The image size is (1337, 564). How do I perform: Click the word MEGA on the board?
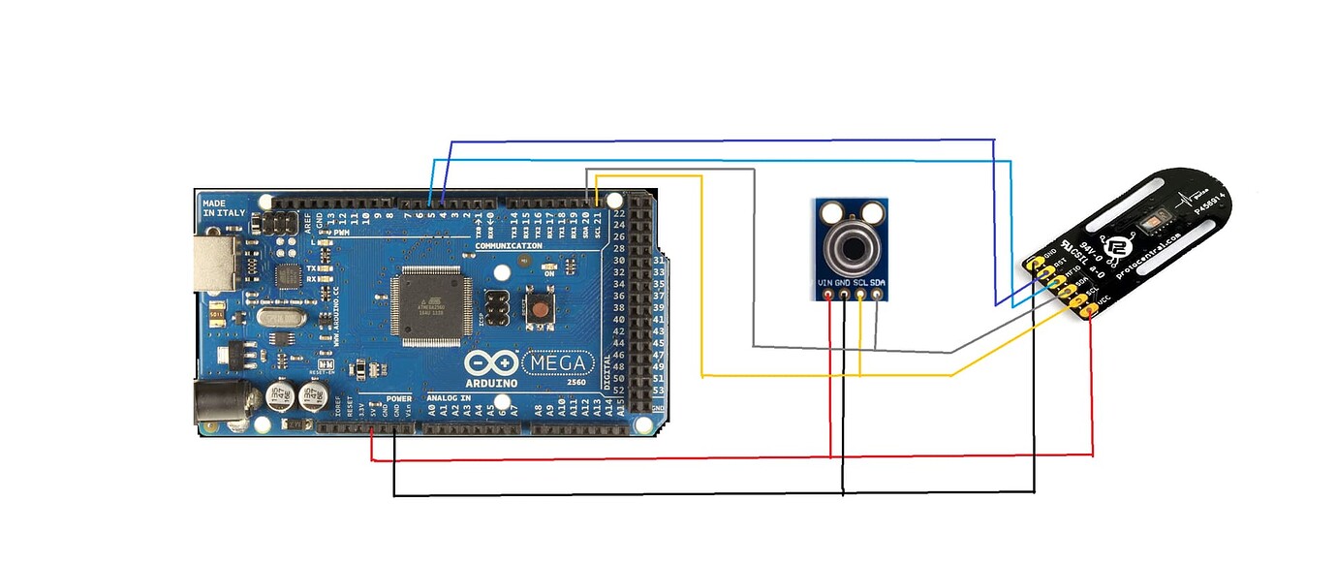559,363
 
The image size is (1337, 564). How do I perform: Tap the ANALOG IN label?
448,398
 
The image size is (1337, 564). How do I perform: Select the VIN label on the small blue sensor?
825,282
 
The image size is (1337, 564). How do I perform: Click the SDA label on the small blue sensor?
877,282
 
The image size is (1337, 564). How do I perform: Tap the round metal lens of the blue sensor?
851,246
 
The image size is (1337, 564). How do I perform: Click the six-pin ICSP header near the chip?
497,306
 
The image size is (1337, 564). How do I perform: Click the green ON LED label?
549,273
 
